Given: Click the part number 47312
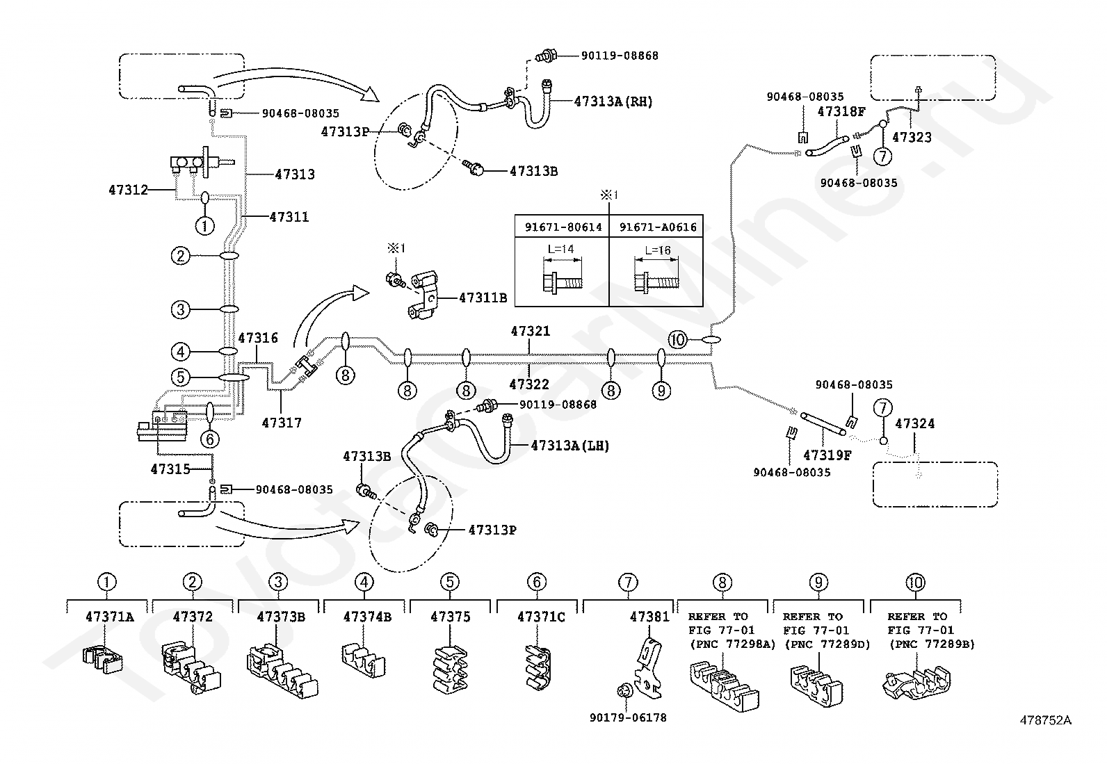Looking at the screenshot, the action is pyautogui.click(x=128, y=190).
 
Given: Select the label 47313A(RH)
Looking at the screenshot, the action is pyautogui.click(x=613, y=101).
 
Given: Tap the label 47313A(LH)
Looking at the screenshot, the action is pyautogui.click(x=569, y=446).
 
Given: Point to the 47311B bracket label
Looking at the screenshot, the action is pyautogui.click(x=483, y=298).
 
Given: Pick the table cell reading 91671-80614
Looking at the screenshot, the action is pyautogui.click(x=563, y=227).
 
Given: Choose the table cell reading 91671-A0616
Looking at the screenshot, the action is pyautogui.click(x=658, y=227).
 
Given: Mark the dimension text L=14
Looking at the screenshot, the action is pyautogui.click(x=560, y=249).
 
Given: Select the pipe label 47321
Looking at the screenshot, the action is pyautogui.click(x=531, y=331).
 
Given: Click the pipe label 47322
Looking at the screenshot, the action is pyautogui.click(x=529, y=384).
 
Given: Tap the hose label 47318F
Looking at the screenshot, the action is pyautogui.click(x=841, y=112).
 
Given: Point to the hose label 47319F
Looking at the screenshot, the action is pyautogui.click(x=827, y=455).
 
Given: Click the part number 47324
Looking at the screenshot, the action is pyautogui.click(x=915, y=423).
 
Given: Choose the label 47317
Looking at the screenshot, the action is pyautogui.click(x=281, y=423).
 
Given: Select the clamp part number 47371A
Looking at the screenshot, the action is pyautogui.click(x=110, y=617).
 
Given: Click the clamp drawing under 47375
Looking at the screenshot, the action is pyautogui.click(x=450, y=669).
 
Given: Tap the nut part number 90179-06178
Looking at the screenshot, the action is pyautogui.click(x=628, y=717).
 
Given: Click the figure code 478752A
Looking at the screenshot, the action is pyautogui.click(x=1046, y=720).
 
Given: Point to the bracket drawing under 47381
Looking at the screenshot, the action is pyautogui.click(x=647, y=669).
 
